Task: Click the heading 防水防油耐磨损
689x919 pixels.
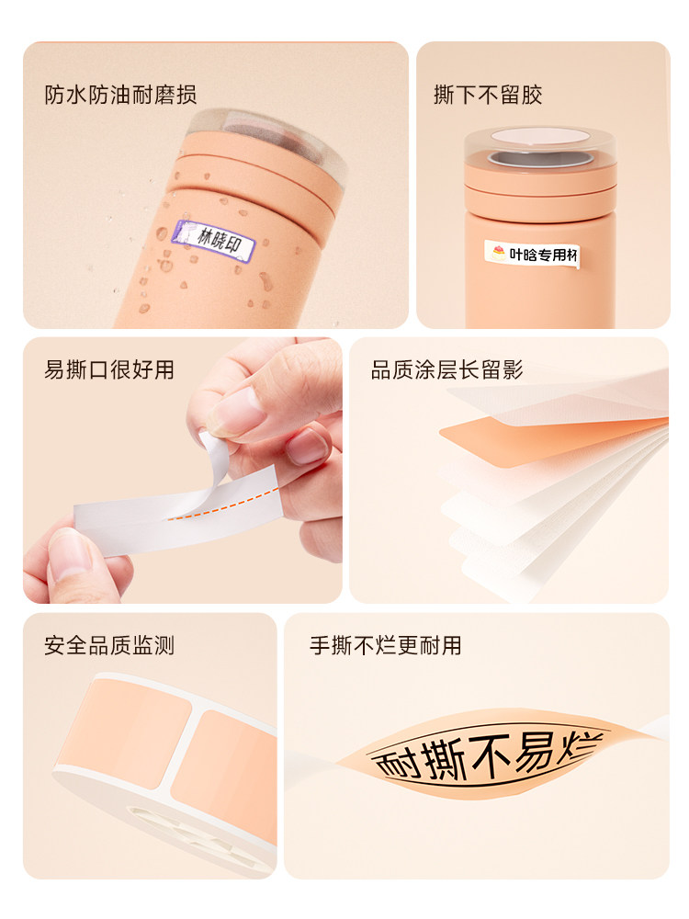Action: coord(120,95)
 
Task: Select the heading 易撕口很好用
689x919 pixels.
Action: coord(109,370)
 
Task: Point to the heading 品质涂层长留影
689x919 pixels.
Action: coord(446,370)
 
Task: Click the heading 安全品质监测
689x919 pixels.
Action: coord(109,646)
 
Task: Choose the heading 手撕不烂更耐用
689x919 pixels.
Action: coord(385,646)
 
